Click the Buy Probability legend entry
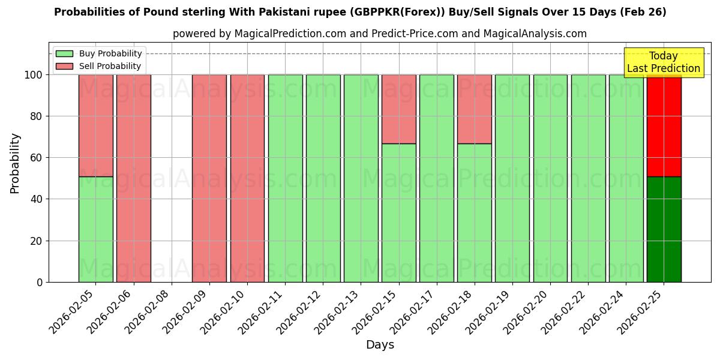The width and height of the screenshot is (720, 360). [x=99, y=54]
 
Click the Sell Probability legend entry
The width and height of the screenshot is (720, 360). [x=99, y=67]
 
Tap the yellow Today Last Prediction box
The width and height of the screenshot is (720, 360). [x=663, y=62]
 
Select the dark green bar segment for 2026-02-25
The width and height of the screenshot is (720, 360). [x=664, y=229]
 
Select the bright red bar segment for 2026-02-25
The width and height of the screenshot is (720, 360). [x=664, y=125]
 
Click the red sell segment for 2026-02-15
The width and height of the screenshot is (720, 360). [x=398, y=109]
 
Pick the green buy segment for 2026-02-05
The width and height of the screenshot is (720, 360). [x=95, y=229]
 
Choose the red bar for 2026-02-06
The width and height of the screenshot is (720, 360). [x=133, y=178]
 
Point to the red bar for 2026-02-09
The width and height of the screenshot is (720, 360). [x=209, y=178]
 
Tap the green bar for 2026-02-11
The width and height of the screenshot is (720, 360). [x=285, y=178]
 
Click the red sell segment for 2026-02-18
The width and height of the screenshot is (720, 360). [x=474, y=109]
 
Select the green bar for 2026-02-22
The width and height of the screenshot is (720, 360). [x=588, y=178]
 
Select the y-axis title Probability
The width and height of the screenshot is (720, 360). [x=15, y=163]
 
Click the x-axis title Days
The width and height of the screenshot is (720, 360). [x=380, y=345]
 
